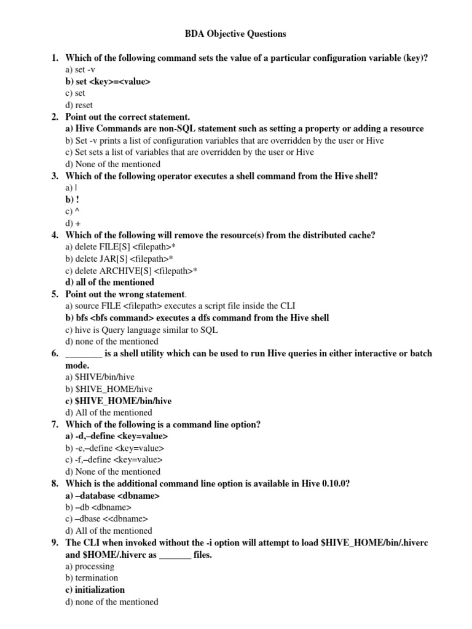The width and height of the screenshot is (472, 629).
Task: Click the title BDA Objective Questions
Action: pyautogui.click(x=236, y=34)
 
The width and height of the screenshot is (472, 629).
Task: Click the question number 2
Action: pyautogui.click(x=55, y=117)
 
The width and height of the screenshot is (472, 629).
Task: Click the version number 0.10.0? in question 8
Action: pyautogui.click(x=336, y=483)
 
